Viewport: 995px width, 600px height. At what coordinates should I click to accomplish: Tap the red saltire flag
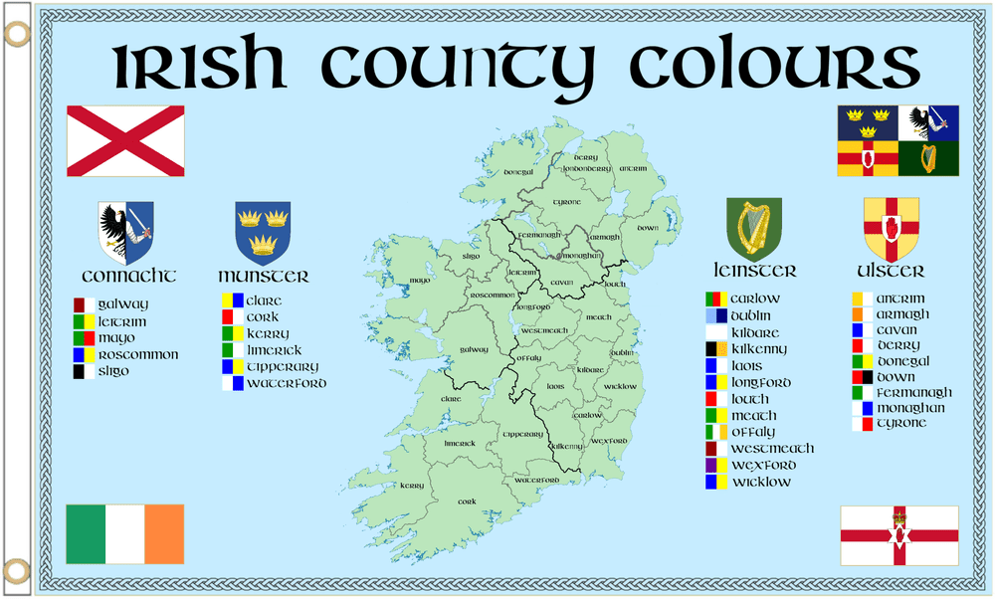[124, 140]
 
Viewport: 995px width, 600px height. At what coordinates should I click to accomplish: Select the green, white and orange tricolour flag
[124, 533]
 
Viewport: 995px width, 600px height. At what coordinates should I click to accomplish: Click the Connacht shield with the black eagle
[125, 232]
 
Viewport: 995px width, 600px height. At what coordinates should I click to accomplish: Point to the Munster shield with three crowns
[263, 231]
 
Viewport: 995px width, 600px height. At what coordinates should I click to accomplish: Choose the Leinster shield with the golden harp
[754, 229]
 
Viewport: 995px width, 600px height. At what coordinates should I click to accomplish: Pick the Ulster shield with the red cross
[891, 228]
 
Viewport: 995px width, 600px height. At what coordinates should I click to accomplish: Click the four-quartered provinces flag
[898, 140]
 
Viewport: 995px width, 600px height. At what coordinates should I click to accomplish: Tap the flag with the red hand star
[899, 535]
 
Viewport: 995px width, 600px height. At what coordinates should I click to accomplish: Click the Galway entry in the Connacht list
[123, 303]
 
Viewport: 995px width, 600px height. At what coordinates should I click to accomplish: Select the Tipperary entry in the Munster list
[284, 366]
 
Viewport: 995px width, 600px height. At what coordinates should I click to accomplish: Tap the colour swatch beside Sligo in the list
[85, 371]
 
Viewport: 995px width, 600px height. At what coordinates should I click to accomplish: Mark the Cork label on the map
[467, 502]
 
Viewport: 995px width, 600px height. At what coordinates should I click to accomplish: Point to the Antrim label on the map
[632, 169]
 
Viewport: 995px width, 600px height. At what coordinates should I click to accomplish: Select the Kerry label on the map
[411, 486]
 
